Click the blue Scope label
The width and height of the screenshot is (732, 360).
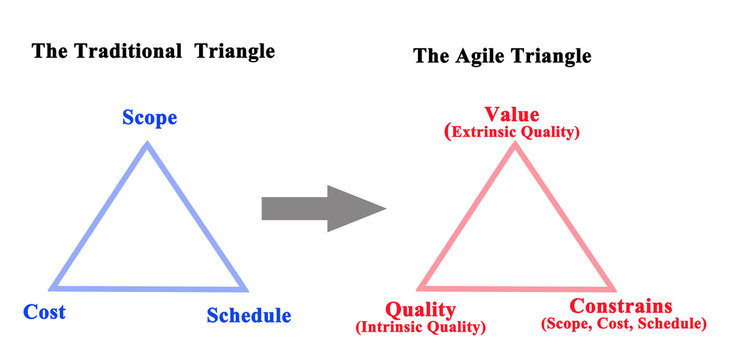150,118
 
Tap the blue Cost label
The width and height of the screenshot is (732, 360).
44,312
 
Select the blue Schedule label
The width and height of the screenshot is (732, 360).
249,316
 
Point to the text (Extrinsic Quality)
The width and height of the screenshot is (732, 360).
513,131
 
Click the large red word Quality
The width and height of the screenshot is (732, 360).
420,309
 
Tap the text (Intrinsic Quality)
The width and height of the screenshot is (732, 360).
420,327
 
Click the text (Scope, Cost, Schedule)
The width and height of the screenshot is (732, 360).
623,324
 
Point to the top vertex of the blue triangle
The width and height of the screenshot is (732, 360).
147,145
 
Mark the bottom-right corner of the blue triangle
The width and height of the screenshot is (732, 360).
244,287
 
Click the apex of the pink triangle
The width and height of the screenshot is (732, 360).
515,145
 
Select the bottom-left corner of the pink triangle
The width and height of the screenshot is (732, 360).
420,288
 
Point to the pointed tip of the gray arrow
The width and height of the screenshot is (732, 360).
385,208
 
